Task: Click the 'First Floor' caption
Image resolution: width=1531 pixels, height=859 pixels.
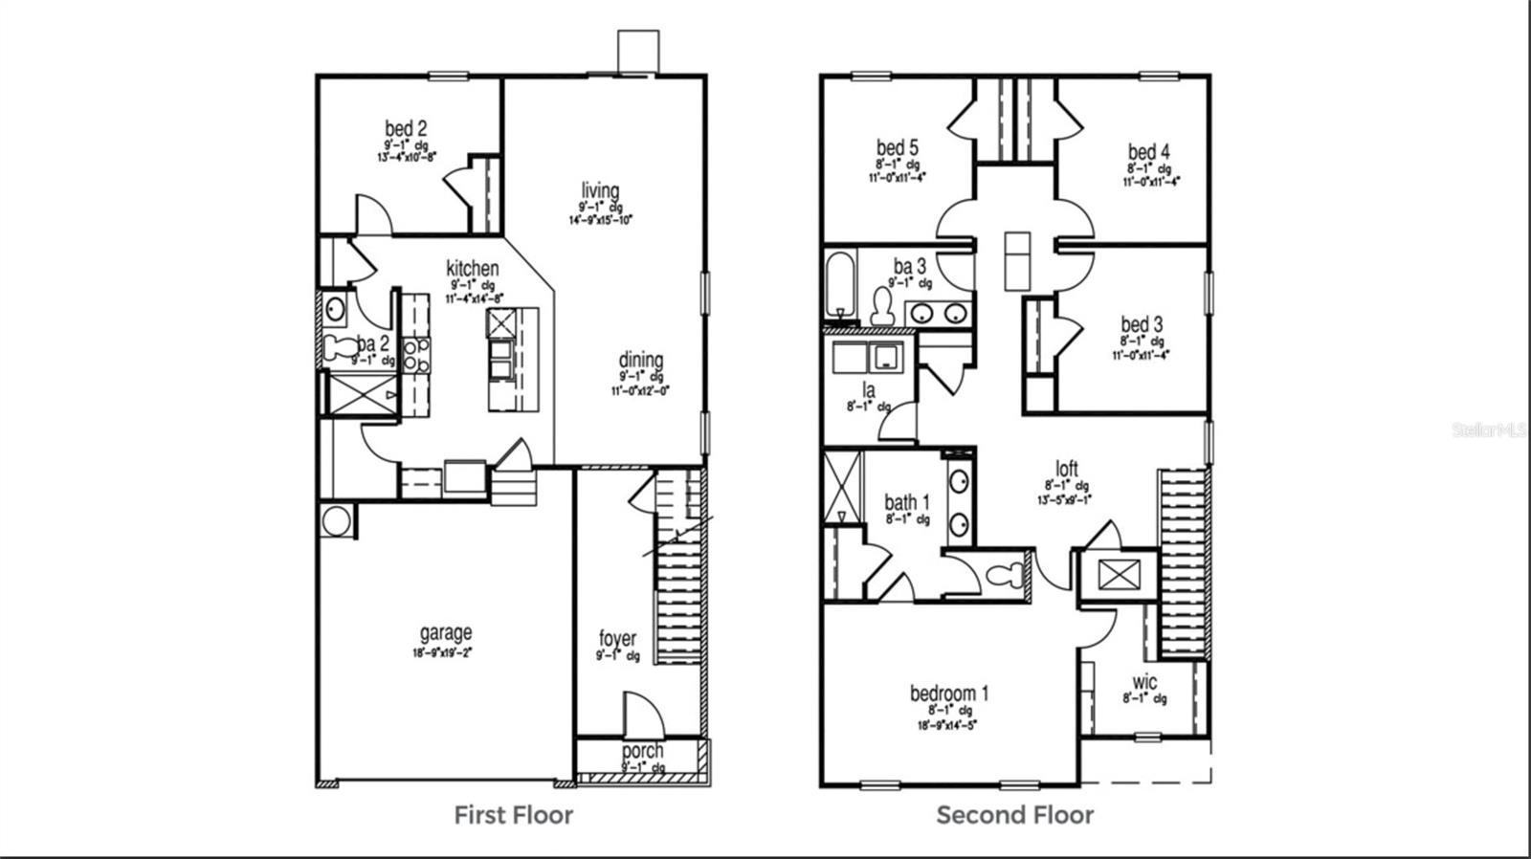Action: click(513, 815)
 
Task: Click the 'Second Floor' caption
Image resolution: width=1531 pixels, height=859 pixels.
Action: click(1014, 815)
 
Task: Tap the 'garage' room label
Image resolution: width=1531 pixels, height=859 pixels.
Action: click(446, 633)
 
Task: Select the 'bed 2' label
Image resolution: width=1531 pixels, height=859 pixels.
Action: click(406, 128)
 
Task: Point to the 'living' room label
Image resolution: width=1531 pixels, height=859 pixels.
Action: click(600, 190)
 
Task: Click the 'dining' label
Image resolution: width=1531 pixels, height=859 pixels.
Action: click(640, 361)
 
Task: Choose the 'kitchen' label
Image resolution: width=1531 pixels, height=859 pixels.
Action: click(472, 268)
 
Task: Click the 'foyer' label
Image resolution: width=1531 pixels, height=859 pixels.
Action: click(617, 638)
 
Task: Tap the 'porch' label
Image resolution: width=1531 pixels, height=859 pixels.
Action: click(642, 751)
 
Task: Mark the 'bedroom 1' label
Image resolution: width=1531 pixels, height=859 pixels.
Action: click(949, 693)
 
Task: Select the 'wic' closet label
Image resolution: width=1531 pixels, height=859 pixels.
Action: click(1144, 682)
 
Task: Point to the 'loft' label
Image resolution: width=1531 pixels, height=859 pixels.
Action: click(1067, 469)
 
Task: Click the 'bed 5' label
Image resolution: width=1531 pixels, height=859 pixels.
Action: click(898, 148)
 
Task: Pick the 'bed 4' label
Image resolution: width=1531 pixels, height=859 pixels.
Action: click(1148, 152)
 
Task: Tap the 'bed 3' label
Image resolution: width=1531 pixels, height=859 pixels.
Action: click(1142, 325)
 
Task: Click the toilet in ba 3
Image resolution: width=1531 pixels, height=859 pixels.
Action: click(882, 306)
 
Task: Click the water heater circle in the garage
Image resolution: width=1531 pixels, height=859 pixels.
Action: click(336, 521)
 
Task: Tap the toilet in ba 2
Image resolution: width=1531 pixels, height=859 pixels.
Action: click(337, 348)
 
